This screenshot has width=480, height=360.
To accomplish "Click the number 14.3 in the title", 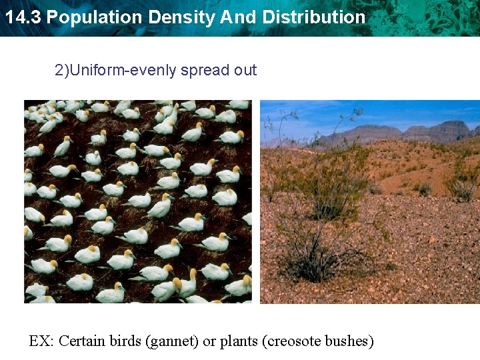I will click(22, 17).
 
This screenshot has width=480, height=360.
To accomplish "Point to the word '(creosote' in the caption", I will click(293, 341).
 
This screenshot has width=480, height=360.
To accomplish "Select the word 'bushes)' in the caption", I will click(349, 341).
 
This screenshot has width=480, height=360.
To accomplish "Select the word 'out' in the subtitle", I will click(245, 70).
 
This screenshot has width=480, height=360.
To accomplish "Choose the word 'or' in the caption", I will click(209, 341).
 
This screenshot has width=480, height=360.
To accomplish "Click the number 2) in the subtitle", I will click(61, 70).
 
